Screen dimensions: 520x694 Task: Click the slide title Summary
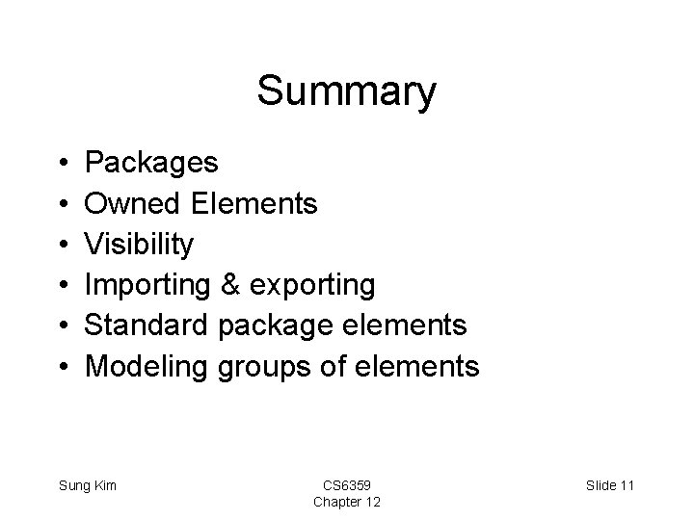346,92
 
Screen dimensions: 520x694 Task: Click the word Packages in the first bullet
151,163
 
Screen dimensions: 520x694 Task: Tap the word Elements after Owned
254,203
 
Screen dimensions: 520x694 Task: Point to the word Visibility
139,245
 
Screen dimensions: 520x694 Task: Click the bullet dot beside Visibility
61,245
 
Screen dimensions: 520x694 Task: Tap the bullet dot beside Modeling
61,367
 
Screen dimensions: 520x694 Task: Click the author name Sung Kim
88,485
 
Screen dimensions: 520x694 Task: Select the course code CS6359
346,485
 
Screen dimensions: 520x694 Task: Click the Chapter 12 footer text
346,502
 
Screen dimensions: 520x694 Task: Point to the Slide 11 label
610,485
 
